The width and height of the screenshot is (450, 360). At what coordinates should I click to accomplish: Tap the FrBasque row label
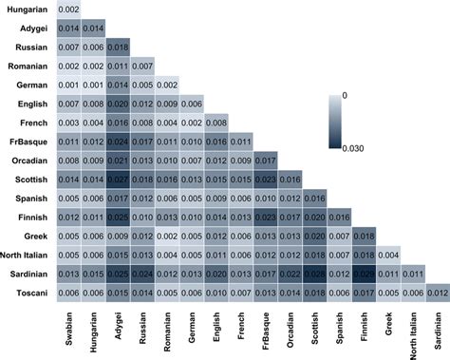[32, 142]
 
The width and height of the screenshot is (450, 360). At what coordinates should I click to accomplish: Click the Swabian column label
[68, 329]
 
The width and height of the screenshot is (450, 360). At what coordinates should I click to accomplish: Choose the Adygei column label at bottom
[120, 329]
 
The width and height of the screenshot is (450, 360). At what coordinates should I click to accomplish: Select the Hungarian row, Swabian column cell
[68, 9]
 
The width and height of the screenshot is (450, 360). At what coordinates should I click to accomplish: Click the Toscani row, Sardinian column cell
[440, 293]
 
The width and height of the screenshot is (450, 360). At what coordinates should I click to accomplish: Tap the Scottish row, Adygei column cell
[119, 180]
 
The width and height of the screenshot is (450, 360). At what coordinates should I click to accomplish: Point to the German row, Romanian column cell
[167, 85]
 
